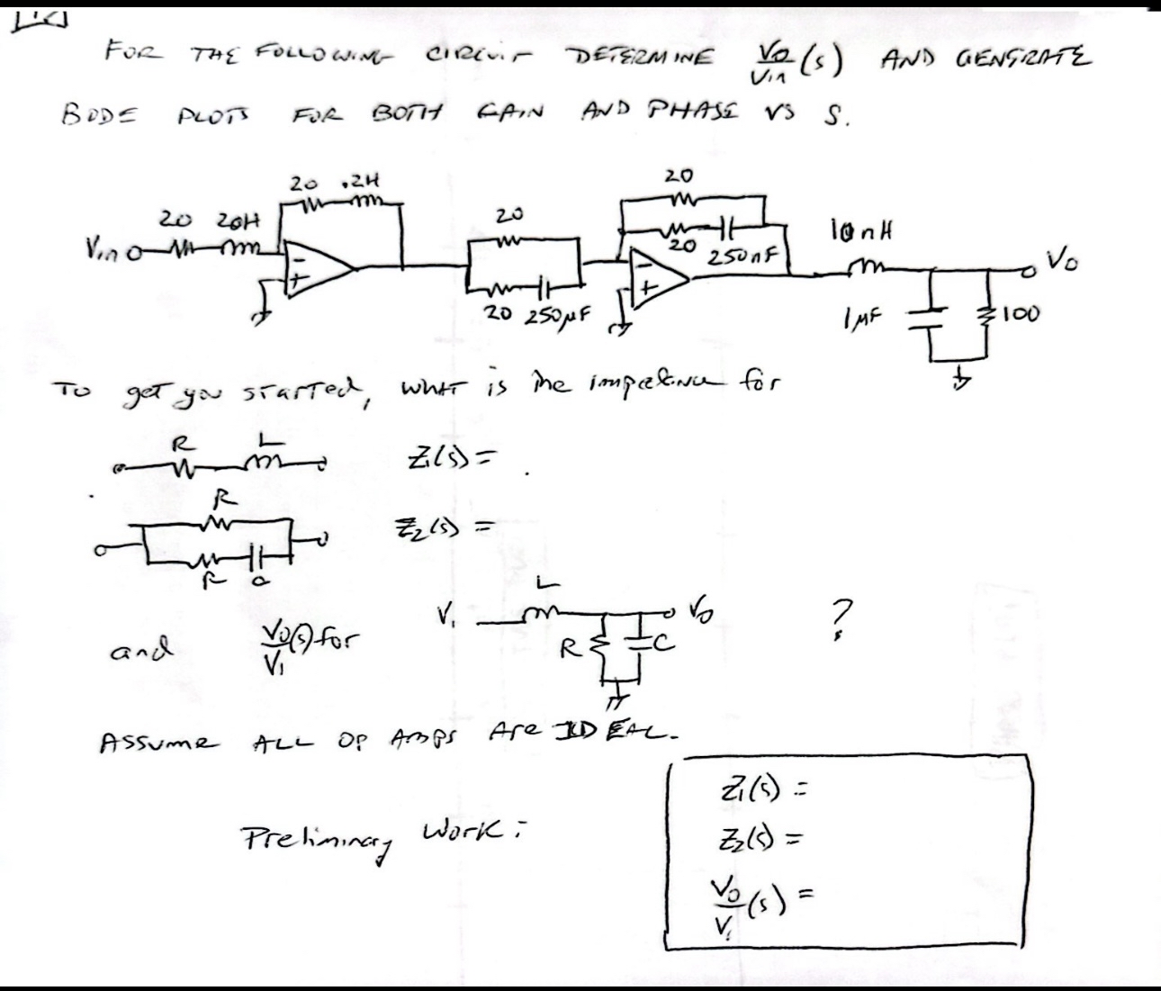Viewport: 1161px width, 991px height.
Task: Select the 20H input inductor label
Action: (240, 220)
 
